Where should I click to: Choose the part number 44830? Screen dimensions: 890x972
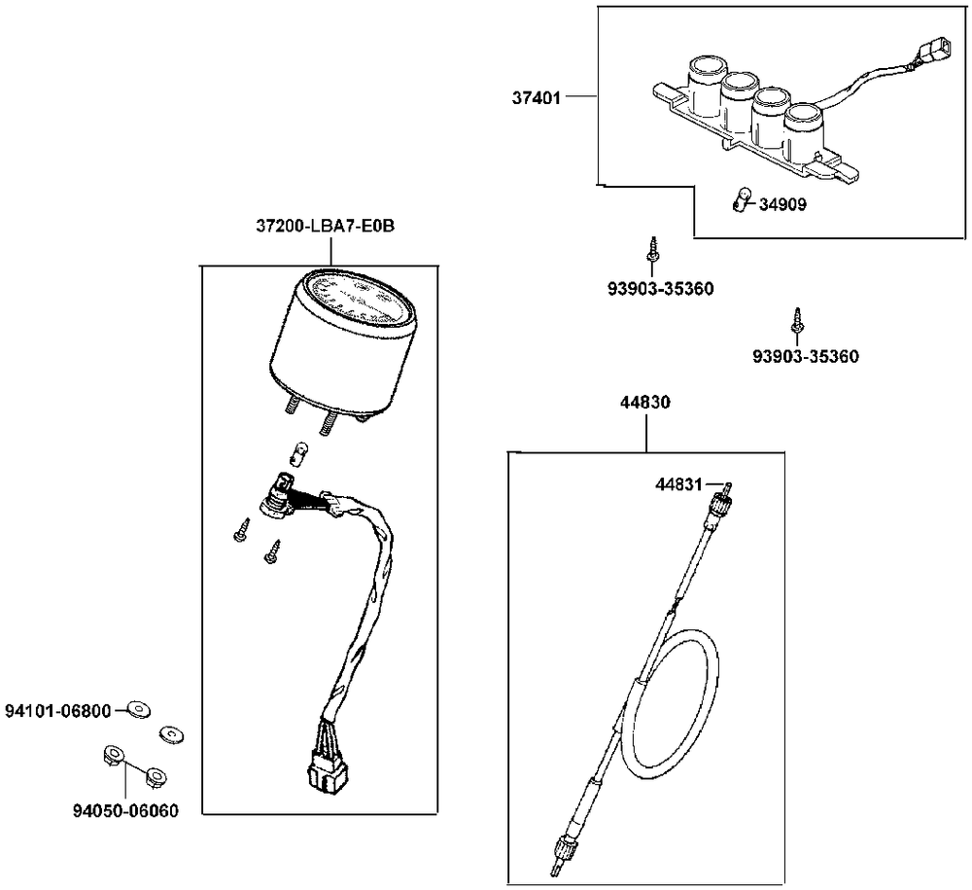[645, 402]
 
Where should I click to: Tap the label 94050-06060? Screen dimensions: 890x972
[126, 810]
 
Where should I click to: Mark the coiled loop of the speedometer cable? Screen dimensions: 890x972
[673, 705]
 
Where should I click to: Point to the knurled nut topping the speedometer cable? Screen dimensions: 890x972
[721, 504]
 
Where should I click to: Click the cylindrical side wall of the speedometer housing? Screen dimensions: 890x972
[321, 360]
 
